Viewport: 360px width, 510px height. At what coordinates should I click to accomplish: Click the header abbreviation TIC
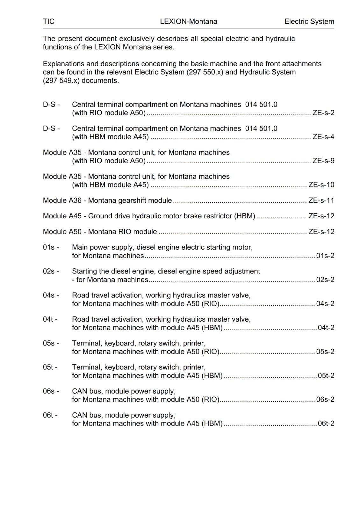tap(49, 21)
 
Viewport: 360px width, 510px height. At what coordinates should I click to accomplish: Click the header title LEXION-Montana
tap(189, 21)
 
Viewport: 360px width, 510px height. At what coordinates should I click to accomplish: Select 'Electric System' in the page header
tap(309, 21)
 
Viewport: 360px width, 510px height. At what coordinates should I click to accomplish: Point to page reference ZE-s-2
tap(323, 113)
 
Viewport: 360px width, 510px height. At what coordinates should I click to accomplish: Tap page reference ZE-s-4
tap(323, 137)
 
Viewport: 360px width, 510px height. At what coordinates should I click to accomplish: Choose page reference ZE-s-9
tap(323, 161)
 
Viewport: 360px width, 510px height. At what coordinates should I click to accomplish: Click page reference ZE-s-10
tap(321, 185)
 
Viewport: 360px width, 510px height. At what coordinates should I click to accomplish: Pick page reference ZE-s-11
tap(321, 200)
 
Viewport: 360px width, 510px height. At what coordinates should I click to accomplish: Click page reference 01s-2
tap(325, 256)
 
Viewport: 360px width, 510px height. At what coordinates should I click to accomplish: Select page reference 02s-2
tap(325, 280)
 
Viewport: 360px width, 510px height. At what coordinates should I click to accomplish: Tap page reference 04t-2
tap(326, 328)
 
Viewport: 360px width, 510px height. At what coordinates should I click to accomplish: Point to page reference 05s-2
tap(325, 352)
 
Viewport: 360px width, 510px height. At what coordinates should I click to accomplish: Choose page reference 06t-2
tap(326, 423)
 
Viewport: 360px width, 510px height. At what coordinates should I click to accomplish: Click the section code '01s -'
tap(51, 247)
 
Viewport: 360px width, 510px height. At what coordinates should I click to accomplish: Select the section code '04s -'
tap(51, 295)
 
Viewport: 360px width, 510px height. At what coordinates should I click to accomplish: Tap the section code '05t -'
tap(50, 367)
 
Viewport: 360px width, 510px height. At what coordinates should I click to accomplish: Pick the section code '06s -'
tap(51, 391)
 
